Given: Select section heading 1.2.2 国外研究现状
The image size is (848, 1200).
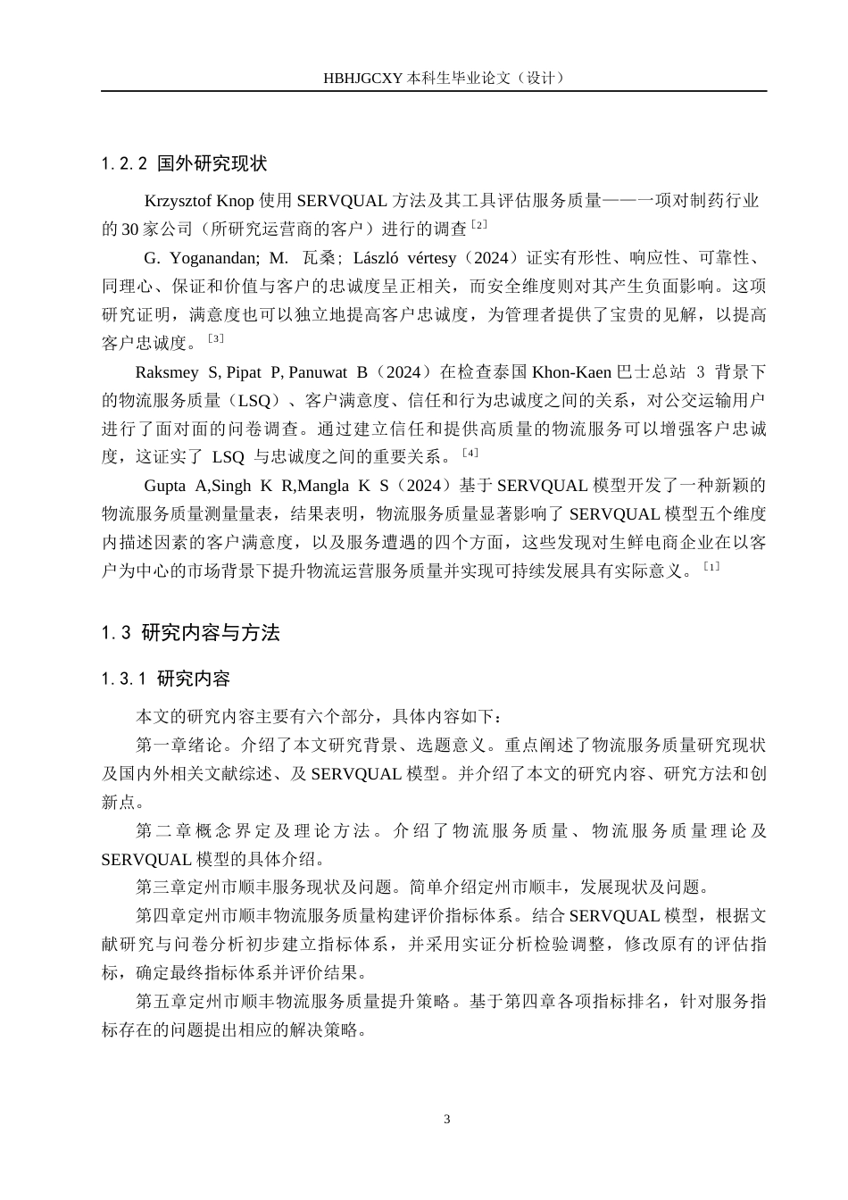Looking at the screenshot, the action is click(184, 164).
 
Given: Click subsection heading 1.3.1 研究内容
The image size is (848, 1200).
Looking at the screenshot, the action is click(166, 679).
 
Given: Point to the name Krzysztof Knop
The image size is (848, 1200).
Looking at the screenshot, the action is click(199, 201).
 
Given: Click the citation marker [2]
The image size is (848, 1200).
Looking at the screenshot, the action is click(478, 224).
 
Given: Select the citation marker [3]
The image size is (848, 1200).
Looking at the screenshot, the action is click(215, 338).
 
